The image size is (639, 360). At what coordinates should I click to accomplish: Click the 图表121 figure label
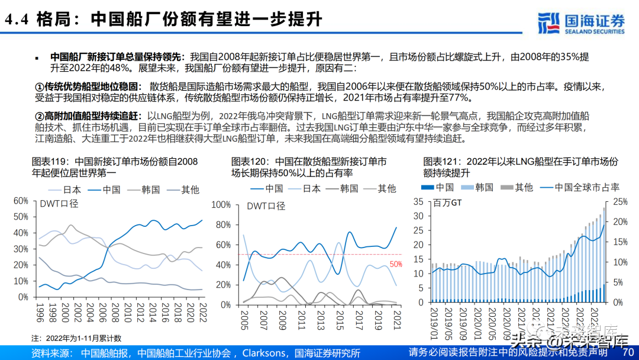click(442, 161)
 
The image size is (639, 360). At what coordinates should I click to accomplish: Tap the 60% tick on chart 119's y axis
click(21, 201)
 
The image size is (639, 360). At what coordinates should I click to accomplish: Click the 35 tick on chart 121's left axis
click(418, 201)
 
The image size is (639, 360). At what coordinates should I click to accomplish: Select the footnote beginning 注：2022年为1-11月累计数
click(76, 338)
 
